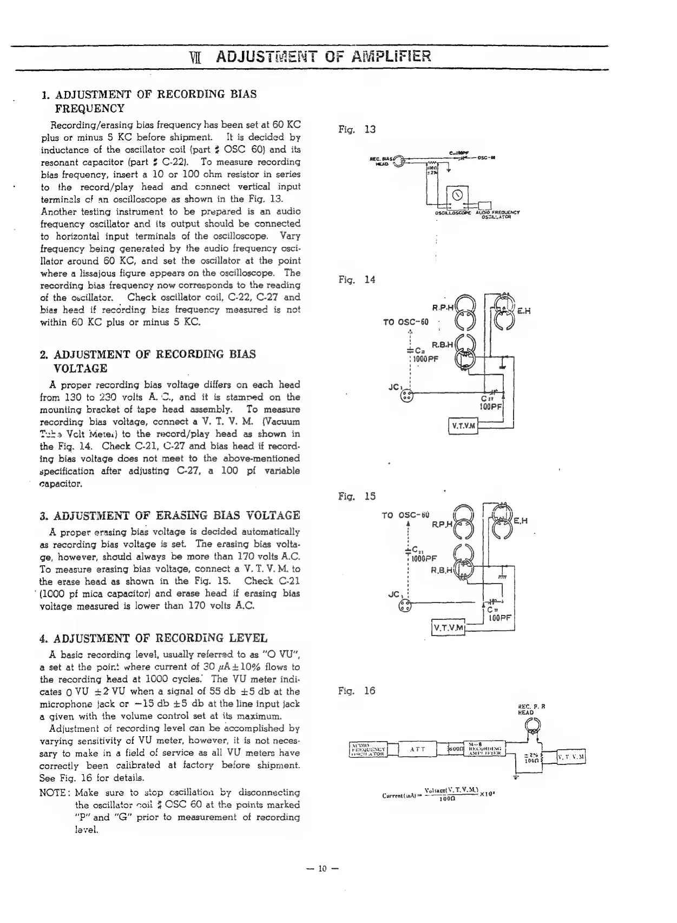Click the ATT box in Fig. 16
[418, 750]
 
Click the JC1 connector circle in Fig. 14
[406, 397]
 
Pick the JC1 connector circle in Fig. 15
[404, 607]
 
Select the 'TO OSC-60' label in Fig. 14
[405, 323]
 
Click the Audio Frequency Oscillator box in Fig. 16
[367, 750]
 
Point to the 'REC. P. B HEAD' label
[528, 710]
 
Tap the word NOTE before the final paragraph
[52, 793]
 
